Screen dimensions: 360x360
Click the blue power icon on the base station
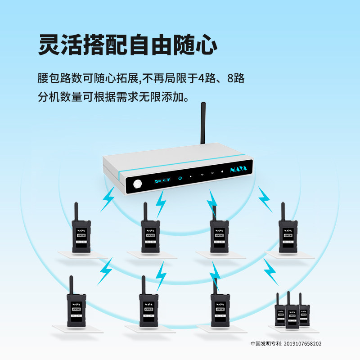[x=180, y=178]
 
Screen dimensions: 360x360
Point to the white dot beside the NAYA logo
[x=222, y=171]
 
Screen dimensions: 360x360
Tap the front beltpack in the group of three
[x=292, y=315]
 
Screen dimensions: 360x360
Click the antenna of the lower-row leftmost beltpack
[x=71, y=285]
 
